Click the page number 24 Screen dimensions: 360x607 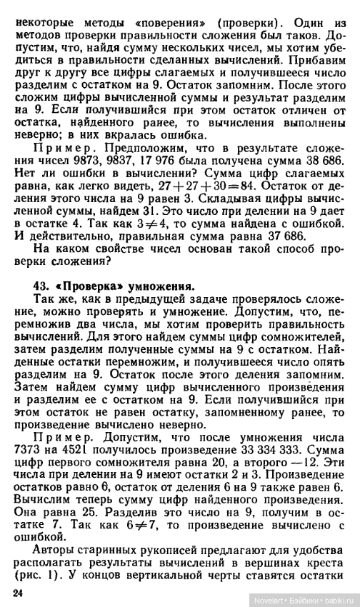click(17, 592)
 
